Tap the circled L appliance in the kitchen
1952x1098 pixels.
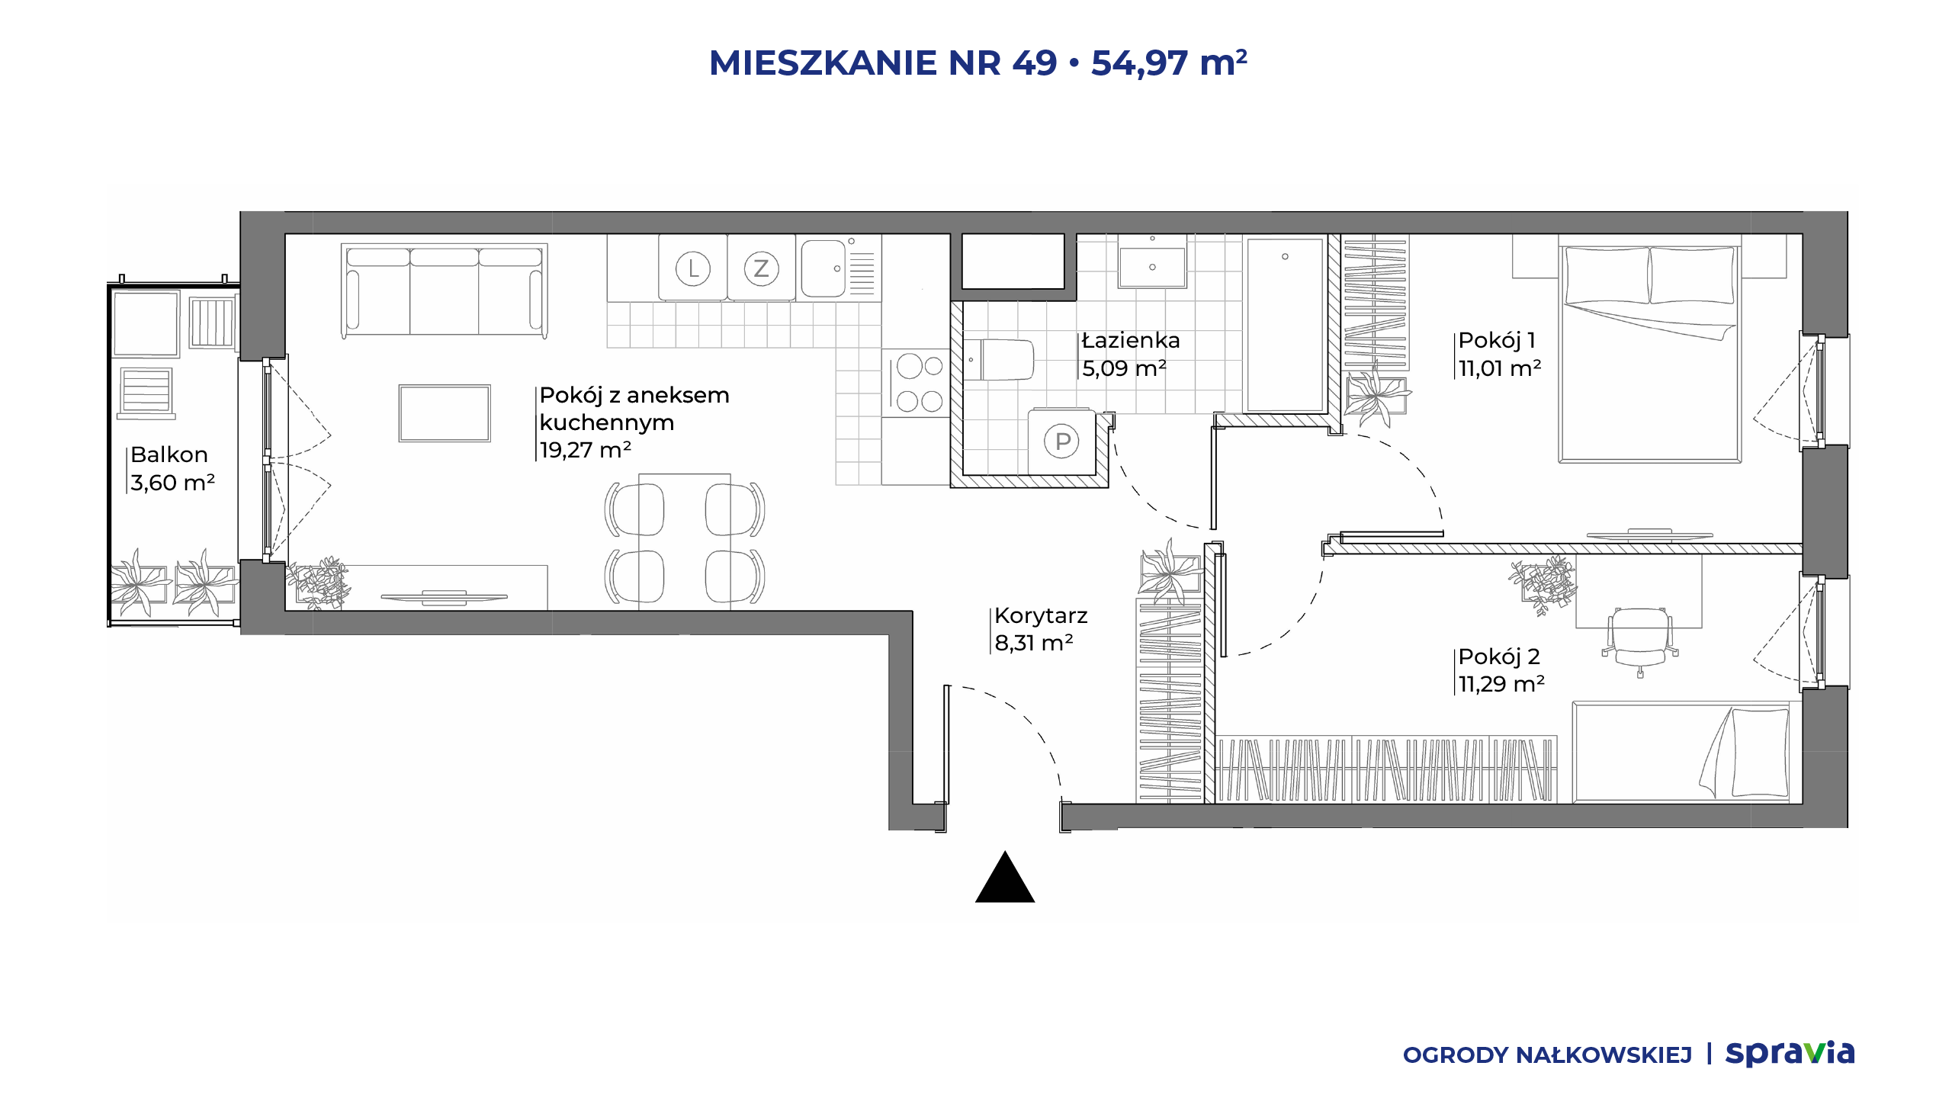point(693,268)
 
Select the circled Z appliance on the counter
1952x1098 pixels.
point(761,268)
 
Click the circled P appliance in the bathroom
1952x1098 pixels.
point(1062,441)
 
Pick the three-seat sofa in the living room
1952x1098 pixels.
point(445,291)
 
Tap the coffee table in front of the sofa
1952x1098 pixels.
point(445,413)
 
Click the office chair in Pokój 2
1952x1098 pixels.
point(1640,640)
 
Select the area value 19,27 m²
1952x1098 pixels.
point(586,450)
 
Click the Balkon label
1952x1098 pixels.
point(169,454)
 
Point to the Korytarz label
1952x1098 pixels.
point(1041,615)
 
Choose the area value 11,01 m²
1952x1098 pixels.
point(1500,368)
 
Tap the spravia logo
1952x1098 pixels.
point(1790,1053)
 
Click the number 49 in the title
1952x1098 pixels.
point(1035,63)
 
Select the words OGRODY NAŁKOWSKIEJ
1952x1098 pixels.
point(1547,1055)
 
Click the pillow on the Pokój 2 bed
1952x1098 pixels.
point(1760,753)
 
